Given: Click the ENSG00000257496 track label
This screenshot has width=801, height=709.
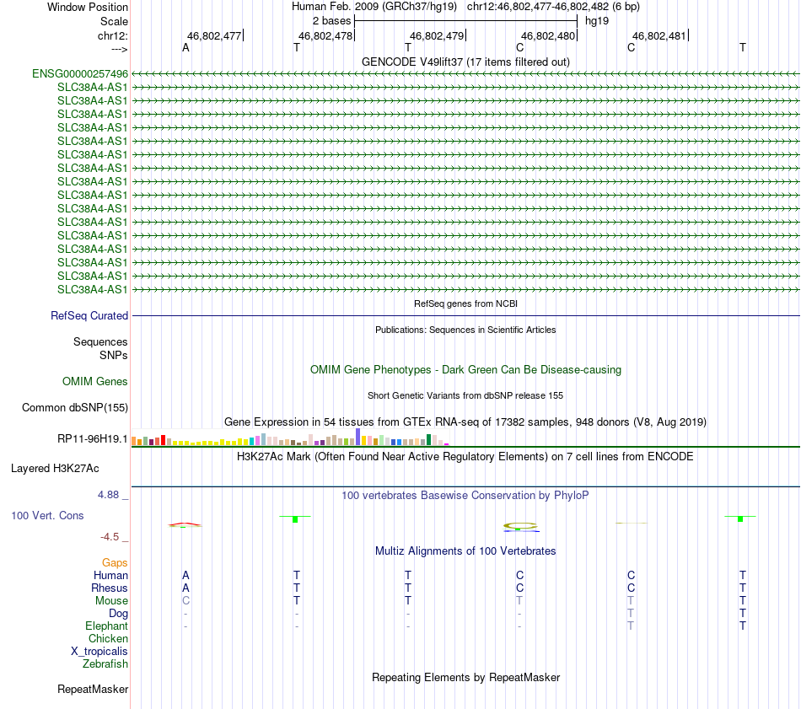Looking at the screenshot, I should click(x=80, y=74).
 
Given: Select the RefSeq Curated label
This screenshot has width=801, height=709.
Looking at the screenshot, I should click(x=89, y=316).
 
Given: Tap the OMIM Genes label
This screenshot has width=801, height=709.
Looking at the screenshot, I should click(x=95, y=382).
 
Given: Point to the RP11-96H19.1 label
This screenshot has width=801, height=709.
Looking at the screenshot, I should click(x=92, y=438).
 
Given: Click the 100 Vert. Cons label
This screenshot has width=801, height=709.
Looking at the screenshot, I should click(x=47, y=515).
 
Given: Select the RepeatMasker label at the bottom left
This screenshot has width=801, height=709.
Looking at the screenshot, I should click(x=93, y=690).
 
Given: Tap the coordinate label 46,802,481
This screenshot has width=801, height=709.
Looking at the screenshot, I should click(x=659, y=36).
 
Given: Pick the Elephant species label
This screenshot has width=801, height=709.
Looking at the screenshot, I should click(x=106, y=626).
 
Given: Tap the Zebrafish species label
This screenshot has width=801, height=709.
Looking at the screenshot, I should click(x=105, y=663).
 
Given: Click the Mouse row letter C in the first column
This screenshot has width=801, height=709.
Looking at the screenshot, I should click(x=185, y=600).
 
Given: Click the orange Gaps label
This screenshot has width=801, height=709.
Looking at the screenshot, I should click(x=115, y=562).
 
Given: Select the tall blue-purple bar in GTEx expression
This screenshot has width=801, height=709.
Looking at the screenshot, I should click(x=357, y=436).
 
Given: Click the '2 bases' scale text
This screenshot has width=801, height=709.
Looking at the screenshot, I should click(x=331, y=20).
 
